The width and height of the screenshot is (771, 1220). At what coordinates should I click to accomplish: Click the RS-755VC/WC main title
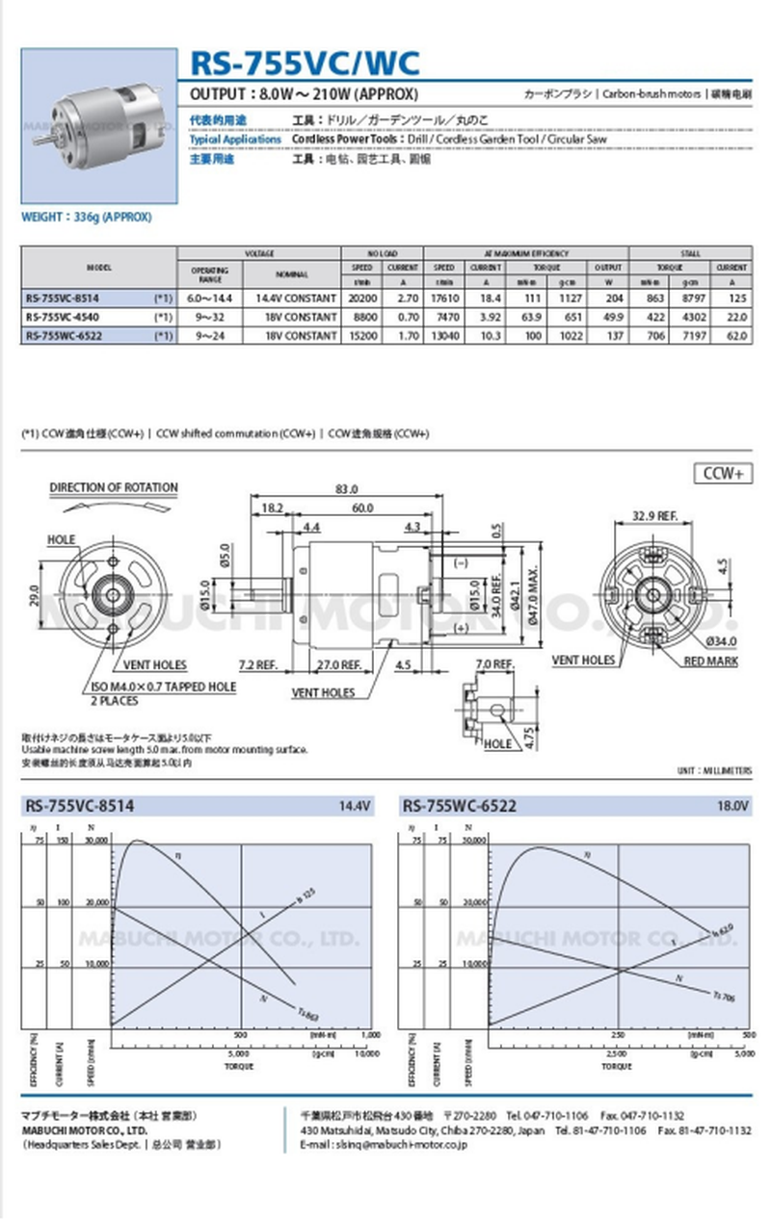coord(305,63)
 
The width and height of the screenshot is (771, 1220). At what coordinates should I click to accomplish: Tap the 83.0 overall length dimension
coord(346,489)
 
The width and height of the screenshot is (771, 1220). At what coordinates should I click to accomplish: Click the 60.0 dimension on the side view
coord(362,507)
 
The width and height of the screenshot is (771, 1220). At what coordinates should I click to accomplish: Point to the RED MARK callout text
coord(710,662)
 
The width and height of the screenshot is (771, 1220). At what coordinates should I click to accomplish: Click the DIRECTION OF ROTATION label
coord(114,488)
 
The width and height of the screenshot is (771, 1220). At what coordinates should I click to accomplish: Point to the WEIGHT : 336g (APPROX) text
coord(87,217)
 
